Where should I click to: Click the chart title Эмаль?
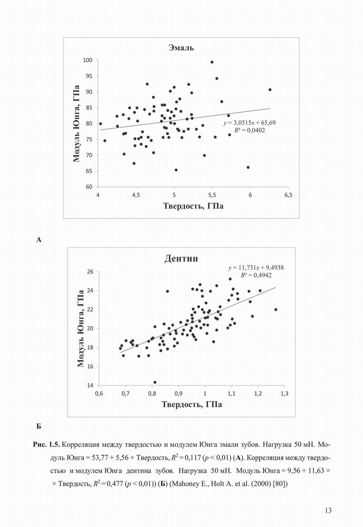(181, 48)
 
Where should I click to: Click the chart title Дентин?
(181, 258)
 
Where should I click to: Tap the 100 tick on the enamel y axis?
(88, 60)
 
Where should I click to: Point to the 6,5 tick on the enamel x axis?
(288, 195)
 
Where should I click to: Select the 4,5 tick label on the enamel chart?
(136, 195)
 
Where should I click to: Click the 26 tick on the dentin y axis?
(90, 272)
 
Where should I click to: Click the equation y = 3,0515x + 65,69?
(249, 123)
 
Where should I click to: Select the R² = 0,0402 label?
(250, 130)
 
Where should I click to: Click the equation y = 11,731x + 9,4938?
(256, 268)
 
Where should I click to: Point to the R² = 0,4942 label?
(256, 275)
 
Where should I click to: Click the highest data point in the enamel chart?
(212, 62)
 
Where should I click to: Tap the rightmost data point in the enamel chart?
(270, 90)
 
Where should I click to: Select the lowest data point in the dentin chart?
(155, 382)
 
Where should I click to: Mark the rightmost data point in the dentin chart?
(276, 310)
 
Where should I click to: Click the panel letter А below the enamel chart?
(39, 240)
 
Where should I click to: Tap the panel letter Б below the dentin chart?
(38, 426)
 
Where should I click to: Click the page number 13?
(328, 511)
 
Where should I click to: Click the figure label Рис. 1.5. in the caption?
(46, 445)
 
